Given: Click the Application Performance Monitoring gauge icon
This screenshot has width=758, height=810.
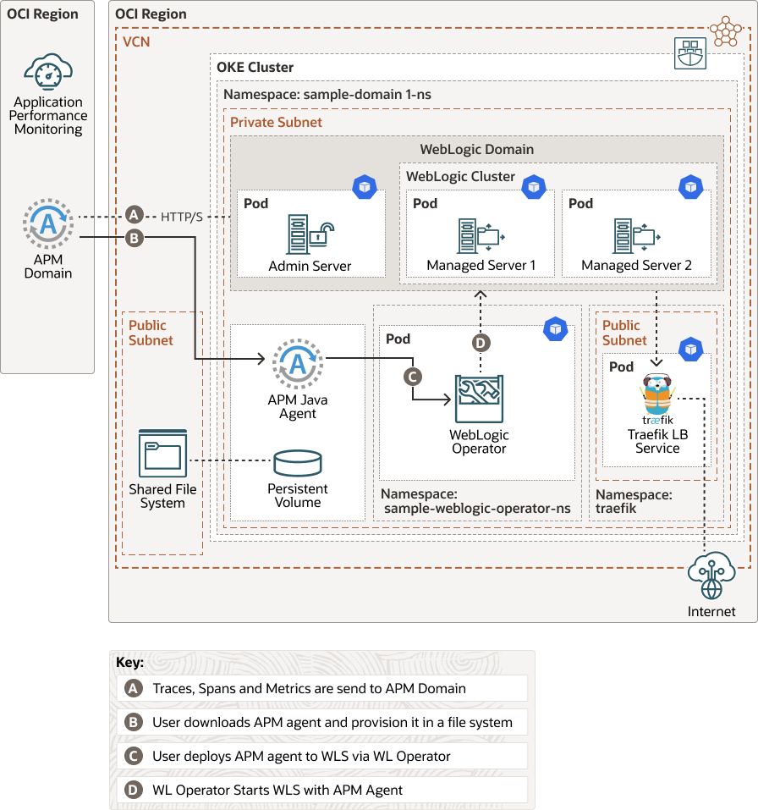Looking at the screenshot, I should pos(47,72).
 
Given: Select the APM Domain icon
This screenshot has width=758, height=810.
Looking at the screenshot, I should pos(48,223).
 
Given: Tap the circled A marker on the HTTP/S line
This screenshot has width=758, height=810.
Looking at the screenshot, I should pos(133,216).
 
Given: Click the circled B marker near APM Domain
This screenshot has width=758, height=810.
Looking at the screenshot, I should pos(133,238).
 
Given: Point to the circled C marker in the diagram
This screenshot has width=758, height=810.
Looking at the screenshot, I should pos(413,375).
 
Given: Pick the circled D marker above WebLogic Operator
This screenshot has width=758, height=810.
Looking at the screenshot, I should pos(481,342).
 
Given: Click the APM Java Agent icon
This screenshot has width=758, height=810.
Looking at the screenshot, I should pos(297,364).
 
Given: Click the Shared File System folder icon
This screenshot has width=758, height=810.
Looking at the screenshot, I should pos(162,454).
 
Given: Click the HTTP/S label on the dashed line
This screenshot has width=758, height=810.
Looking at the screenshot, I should pos(182,217).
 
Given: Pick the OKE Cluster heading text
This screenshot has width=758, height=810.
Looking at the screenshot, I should pos(255,67).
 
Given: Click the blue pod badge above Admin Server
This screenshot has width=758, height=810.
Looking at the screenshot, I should pos(364,186).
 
